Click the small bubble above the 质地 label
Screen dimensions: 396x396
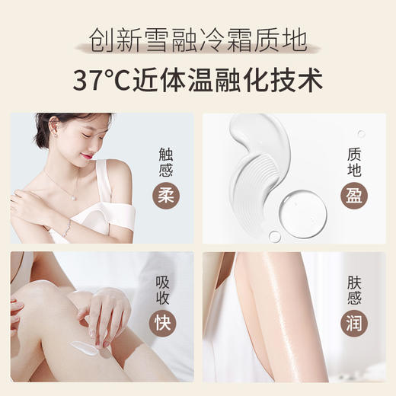tap(361, 133)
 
